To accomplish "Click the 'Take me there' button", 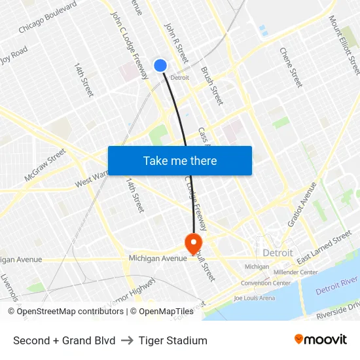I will (179, 160).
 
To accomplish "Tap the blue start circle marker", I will (160, 65).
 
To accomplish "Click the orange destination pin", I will (194, 244).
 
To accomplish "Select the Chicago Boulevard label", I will (48, 17).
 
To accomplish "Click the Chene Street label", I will (291, 67).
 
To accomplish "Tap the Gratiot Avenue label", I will (303, 203).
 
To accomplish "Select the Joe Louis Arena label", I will (254, 298).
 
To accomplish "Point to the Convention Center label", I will (265, 283).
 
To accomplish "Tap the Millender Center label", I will (295, 272).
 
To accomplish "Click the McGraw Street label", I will (45, 165).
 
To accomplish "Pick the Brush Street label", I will (212, 86).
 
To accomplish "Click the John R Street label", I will (176, 43).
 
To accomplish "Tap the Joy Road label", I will (13, 53).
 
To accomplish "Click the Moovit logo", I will (320, 340).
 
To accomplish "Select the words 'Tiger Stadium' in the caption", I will (173, 340).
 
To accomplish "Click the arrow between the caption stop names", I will (127, 340).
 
